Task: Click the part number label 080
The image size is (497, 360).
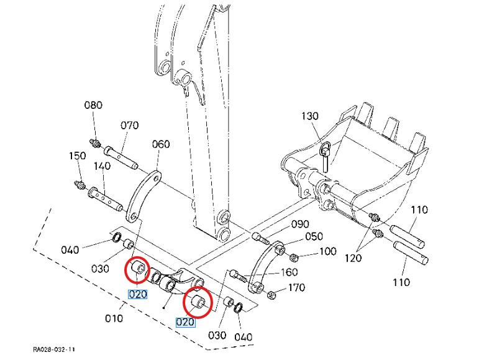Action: pyautogui.click(x=93, y=105)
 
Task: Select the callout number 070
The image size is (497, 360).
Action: pyautogui.click(x=130, y=126)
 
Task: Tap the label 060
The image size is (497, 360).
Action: pyautogui.click(x=161, y=144)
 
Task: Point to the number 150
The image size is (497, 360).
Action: pyautogui.click(x=77, y=155)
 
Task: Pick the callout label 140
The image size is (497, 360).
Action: pyautogui.click(x=102, y=166)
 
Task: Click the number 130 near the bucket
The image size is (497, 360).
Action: pyautogui.click(x=309, y=116)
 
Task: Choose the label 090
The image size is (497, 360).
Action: pyautogui.click(x=300, y=224)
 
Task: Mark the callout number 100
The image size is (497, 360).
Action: pyautogui.click(x=327, y=252)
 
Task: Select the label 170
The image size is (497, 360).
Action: pyautogui.click(x=296, y=288)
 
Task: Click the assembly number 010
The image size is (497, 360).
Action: pyautogui.click(x=114, y=318)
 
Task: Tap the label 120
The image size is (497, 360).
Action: pyautogui.click(x=353, y=258)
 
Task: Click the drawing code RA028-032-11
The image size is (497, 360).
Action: pyautogui.click(x=54, y=349)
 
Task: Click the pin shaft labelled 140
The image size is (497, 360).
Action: pyautogui.click(x=105, y=199)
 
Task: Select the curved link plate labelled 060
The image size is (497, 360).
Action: pyautogui.click(x=144, y=196)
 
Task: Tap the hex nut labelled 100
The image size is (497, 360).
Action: pyautogui.click(x=294, y=257)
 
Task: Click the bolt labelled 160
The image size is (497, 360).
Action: pyautogui.click(x=238, y=275)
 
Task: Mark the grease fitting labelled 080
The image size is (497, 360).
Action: pyautogui.click(x=96, y=143)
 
